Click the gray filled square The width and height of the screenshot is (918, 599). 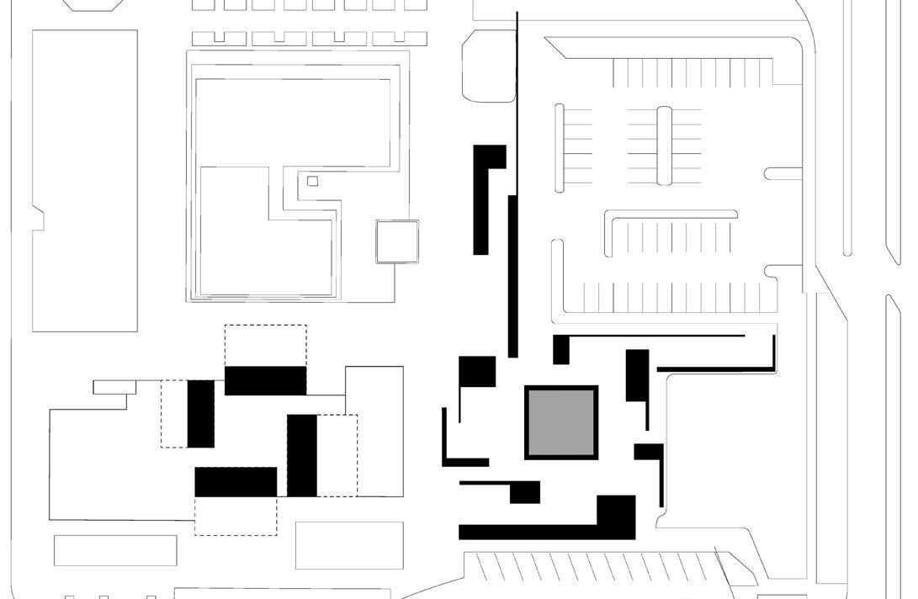pos(561,422)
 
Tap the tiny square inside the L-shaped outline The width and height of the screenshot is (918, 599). pos(313,181)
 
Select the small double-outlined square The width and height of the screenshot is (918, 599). pos(396,241)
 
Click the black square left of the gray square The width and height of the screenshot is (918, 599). pos(477,371)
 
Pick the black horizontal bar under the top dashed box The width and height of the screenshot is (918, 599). pos(265,380)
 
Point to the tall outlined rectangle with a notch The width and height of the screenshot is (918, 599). pos(84,181)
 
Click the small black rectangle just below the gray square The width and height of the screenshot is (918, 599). pos(525,492)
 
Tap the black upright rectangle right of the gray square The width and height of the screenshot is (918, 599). pos(637,375)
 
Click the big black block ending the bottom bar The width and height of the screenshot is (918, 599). pos(616,516)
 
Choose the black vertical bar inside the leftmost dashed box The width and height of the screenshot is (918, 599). pos(201,413)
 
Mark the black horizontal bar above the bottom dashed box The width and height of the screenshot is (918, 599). pos(236,482)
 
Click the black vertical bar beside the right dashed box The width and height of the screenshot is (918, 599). pos(302,455)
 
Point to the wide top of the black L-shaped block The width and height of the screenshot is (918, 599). pos(490,156)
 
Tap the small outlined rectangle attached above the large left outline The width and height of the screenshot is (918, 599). pos(114,387)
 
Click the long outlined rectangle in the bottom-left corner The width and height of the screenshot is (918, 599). pos(115,550)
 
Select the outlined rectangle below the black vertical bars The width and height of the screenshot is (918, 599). pos(349,545)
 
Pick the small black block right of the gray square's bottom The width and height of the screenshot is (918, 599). pos(649,452)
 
